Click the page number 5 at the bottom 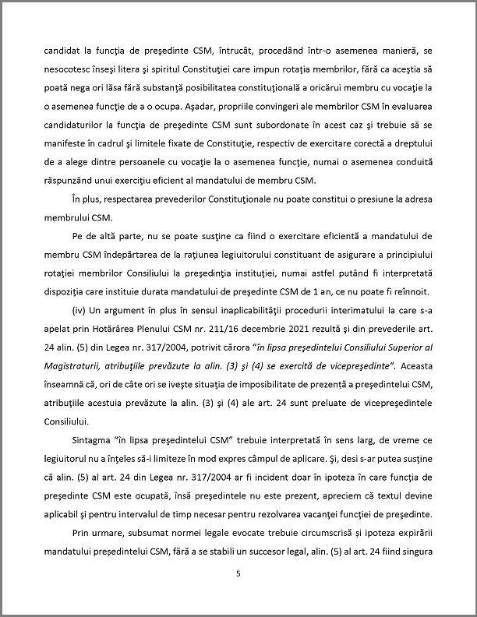coord(238,575)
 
